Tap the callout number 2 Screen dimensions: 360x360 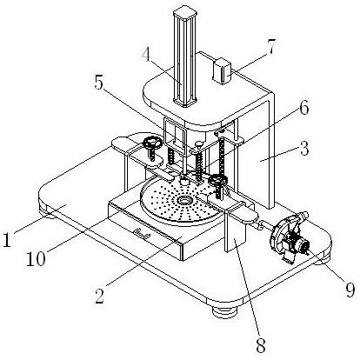point(100,295)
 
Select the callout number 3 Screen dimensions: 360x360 point(304,149)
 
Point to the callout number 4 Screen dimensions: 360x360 point(147,55)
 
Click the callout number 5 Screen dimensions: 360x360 point(99,83)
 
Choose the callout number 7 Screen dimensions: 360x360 point(271,46)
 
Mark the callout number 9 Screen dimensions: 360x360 point(350,290)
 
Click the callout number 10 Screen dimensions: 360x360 point(36,258)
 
